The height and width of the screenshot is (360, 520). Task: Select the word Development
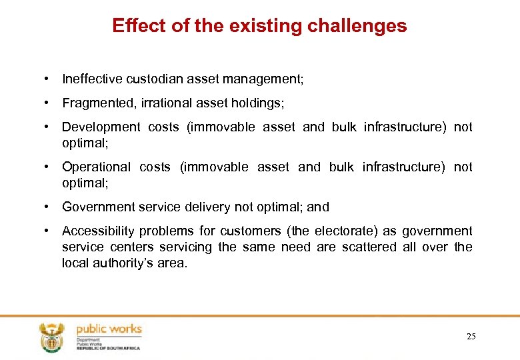click(x=101, y=127)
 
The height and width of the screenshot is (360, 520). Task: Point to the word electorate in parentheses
click(x=348, y=231)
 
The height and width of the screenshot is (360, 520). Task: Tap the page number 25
click(x=471, y=337)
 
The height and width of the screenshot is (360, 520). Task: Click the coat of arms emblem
click(x=50, y=337)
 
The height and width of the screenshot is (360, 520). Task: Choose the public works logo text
click(x=108, y=329)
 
